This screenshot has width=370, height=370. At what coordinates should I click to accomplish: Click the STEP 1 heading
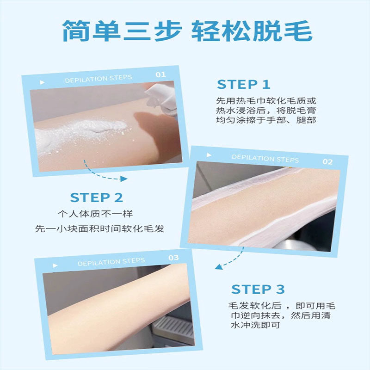pyautogui.click(x=243, y=85)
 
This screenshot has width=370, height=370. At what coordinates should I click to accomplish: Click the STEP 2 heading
pyautogui.click(x=97, y=198)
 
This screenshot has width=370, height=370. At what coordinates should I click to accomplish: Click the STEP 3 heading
pyautogui.click(x=258, y=290)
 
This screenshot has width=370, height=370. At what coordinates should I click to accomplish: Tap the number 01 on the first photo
pyautogui.click(x=160, y=74)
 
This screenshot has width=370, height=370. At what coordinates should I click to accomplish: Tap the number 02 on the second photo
pyautogui.click(x=327, y=162)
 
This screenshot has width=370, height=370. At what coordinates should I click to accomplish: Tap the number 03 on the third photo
pyautogui.click(x=173, y=258)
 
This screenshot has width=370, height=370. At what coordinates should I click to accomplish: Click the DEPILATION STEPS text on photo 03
pyautogui.click(x=111, y=262)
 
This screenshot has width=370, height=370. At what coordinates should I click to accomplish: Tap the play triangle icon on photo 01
pyautogui.click(x=43, y=82)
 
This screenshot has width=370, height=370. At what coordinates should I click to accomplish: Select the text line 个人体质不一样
pyautogui.click(x=98, y=214)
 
